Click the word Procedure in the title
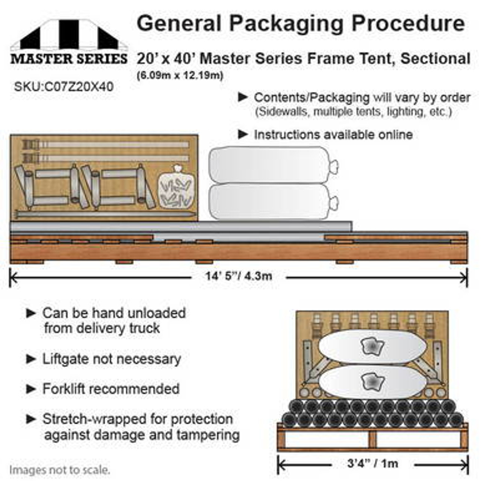(x=408, y=24)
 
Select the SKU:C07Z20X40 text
(x=64, y=87)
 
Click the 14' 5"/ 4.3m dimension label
(x=239, y=276)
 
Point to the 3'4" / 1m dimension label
(x=372, y=463)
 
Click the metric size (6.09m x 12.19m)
(x=180, y=76)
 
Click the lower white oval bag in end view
(x=372, y=381)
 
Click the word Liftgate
(x=66, y=359)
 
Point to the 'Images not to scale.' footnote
(x=60, y=470)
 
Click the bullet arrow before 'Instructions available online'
(x=243, y=134)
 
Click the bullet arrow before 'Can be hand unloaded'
(x=31, y=313)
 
